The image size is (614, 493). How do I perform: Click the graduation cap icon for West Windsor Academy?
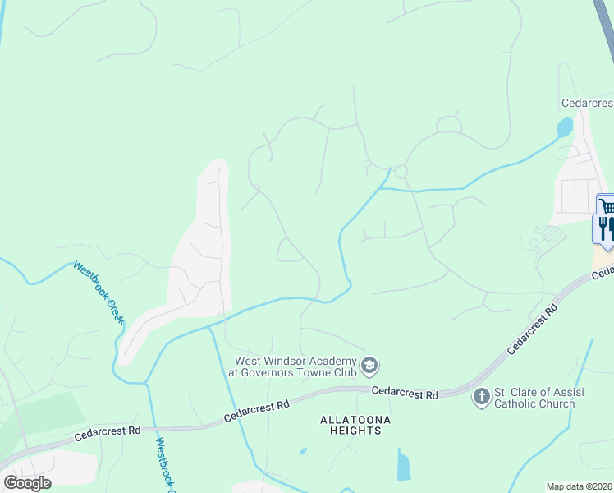370,364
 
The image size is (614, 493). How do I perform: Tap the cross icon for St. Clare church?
481,397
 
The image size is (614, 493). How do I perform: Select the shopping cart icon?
607,205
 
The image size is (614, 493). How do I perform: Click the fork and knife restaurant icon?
605,228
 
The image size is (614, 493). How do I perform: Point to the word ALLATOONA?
355,420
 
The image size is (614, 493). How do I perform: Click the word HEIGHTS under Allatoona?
355,431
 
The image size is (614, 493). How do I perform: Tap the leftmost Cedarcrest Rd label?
108,431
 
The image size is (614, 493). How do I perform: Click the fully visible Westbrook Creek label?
98,291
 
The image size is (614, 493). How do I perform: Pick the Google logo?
28,483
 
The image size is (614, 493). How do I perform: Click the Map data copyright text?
580,486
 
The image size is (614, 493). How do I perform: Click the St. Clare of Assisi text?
534,392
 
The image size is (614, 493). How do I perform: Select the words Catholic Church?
534,403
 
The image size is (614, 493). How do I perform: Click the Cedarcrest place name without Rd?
586,104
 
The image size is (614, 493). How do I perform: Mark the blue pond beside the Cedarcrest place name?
565,127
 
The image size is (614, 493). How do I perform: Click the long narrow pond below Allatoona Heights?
403,465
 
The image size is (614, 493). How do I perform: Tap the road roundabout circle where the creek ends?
401,172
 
